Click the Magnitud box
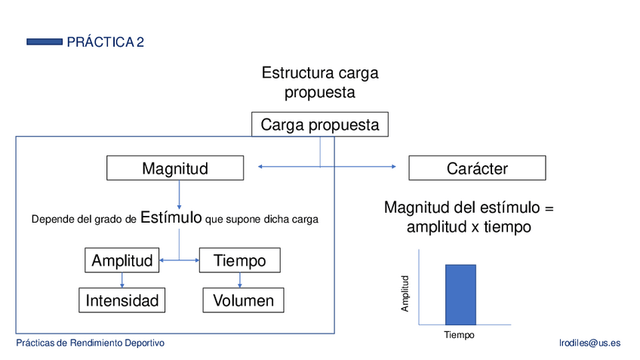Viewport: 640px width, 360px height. click(175, 168)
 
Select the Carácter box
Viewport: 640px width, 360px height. click(477, 168)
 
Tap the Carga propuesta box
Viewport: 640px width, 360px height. click(320, 125)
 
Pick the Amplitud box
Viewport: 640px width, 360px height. click(122, 260)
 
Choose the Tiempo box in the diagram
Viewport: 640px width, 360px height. click(240, 260)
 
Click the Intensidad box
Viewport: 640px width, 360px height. click(122, 300)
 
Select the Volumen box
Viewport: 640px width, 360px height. click(243, 300)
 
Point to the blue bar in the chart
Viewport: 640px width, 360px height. click(460, 294)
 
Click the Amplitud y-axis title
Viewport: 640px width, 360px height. click(405, 293)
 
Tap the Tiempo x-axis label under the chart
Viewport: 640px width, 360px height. click(459, 335)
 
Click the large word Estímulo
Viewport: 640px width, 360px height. click(171, 218)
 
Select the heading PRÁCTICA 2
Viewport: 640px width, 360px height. click(105, 42)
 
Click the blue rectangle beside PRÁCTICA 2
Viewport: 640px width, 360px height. click(44, 42)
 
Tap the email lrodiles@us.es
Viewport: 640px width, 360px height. click(589, 343)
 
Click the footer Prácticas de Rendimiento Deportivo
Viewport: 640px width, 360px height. click(91, 343)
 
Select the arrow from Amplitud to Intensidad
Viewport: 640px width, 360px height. click(122, 280)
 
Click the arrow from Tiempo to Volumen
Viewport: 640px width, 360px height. click(240, 280)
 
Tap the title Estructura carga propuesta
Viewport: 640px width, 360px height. click(320, 83)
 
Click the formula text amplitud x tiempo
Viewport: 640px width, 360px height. click(469, 226)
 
